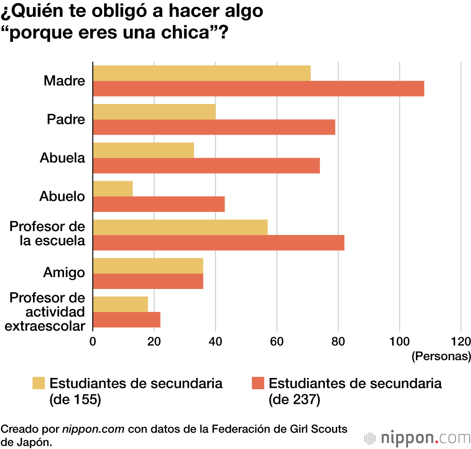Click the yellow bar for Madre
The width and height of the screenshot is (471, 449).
[x=202, y=73]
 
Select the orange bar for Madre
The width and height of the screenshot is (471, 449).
[x=259, y=88]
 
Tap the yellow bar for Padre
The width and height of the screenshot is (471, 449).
[x=154, y=112]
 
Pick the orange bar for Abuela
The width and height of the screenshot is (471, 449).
[x=206, y=166]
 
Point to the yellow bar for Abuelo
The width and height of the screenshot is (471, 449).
[x=113, y=189]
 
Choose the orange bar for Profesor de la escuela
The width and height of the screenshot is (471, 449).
[x=219, y=243]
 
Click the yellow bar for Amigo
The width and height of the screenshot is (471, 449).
[x=148, y=266]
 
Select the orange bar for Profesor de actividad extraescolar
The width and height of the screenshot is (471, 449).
[x=127, y=320]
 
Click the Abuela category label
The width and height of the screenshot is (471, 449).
[x=63, y=158]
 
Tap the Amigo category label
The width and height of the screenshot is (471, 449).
[x=64, y=273]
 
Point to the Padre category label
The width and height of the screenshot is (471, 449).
[x=66, y=119]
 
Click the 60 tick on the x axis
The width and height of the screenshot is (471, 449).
[x=276, y=341]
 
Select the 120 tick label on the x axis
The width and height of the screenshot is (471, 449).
[x=460, y=341]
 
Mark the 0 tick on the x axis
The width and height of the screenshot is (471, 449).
[x=93, y=341]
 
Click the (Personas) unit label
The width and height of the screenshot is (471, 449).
[x=441, y=356]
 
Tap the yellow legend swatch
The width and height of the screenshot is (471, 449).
[x=39, y=383]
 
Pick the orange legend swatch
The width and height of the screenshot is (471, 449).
[x=258, y=383]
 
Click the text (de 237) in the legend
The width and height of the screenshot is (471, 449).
[x=294, y=400]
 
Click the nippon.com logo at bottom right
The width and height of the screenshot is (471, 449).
[x=417, y=438]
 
